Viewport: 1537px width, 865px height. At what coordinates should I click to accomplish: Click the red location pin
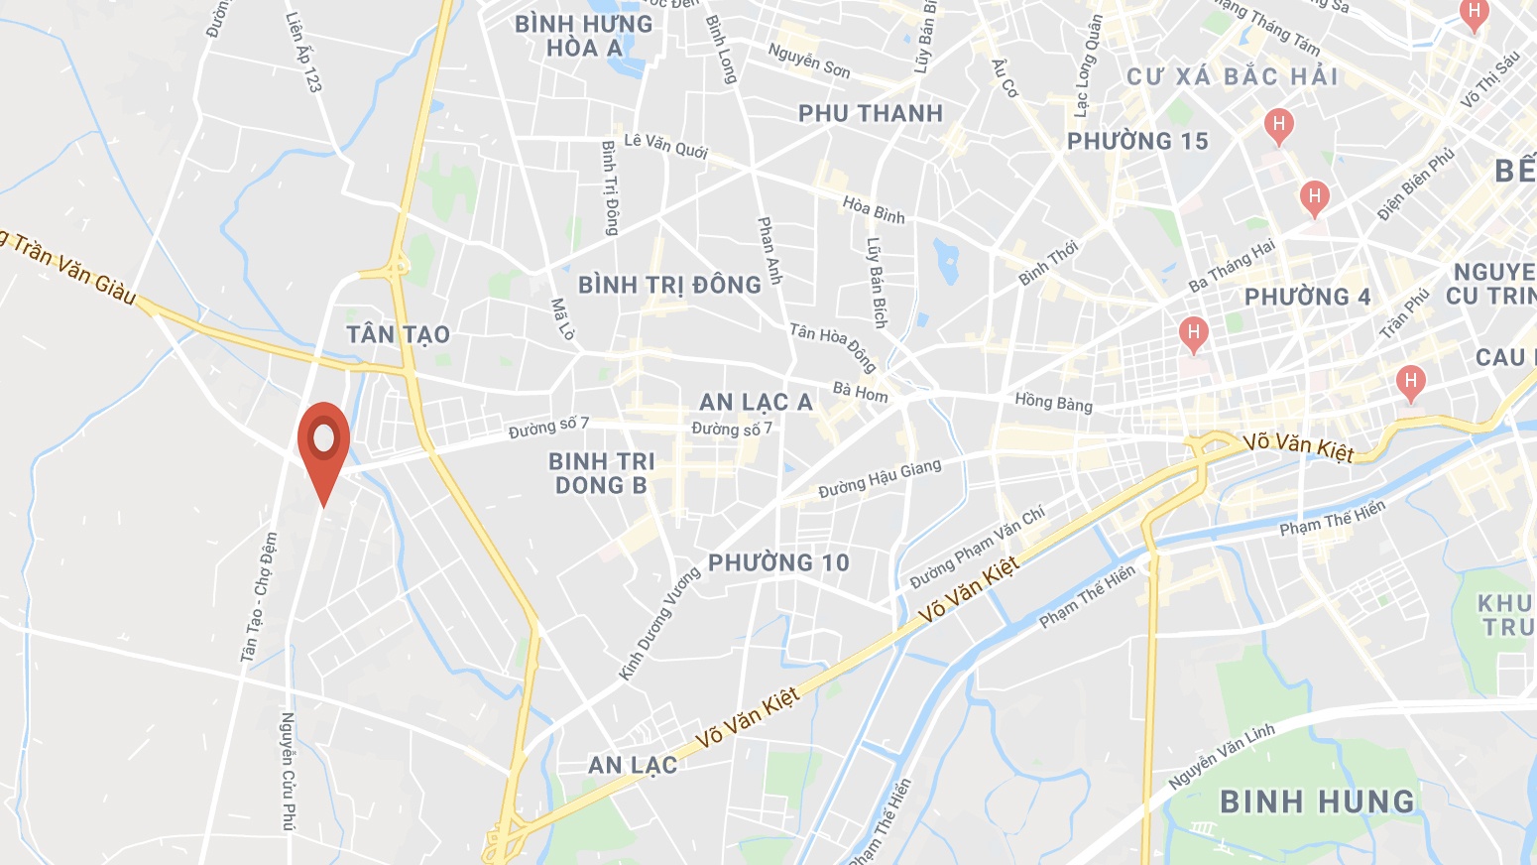pyautogui.click(x=324, y=442)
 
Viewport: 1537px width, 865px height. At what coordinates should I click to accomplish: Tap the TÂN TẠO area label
pyautogui.click(x=399, y=335)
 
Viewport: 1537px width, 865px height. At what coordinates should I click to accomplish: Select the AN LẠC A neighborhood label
pyautogui.click(x=756, y=402)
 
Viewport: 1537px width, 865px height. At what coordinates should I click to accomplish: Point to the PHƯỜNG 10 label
pyautogui.click(x=778, y=563)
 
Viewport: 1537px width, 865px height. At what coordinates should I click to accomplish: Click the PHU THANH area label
pyautogui.click(x=871, y=114)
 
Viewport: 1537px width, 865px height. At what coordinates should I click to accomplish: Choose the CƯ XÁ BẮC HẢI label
pyautogui.click(x=1233, y=76)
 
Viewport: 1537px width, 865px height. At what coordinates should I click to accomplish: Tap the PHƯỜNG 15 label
pyautogui.click(x=1137, y=142)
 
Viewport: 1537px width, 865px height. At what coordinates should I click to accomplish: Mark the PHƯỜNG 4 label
pyautogui.click(x=1307, y=297)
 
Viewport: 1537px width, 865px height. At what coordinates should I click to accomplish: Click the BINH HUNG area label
pyautogui.click(x=1317, y=802)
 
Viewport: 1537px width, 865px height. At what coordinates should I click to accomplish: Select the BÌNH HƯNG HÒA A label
pyautogui.click(x=584, y=36)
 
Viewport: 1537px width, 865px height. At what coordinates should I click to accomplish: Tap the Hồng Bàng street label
pyautogui.click(x=1053, y=402)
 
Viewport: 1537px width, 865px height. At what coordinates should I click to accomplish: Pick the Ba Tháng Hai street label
pyautogui.click(x=1232, y=265)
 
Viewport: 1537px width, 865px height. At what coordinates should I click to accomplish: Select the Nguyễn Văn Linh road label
pyautogui.click(x=1222, y=757)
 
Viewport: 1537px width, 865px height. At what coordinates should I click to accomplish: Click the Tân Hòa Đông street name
pyautogui.click(x=833, y=345)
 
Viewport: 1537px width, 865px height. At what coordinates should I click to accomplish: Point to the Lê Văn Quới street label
pyautogui.click(x=665, y=146)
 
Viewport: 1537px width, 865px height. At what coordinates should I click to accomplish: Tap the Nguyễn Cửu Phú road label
pyautogui.click(x=288, y=770)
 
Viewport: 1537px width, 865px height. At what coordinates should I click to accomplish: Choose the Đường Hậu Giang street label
pyautogui.click(x=880, y=478)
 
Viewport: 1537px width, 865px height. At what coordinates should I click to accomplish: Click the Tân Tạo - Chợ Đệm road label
pyautogui.click(x=258, y=598)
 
